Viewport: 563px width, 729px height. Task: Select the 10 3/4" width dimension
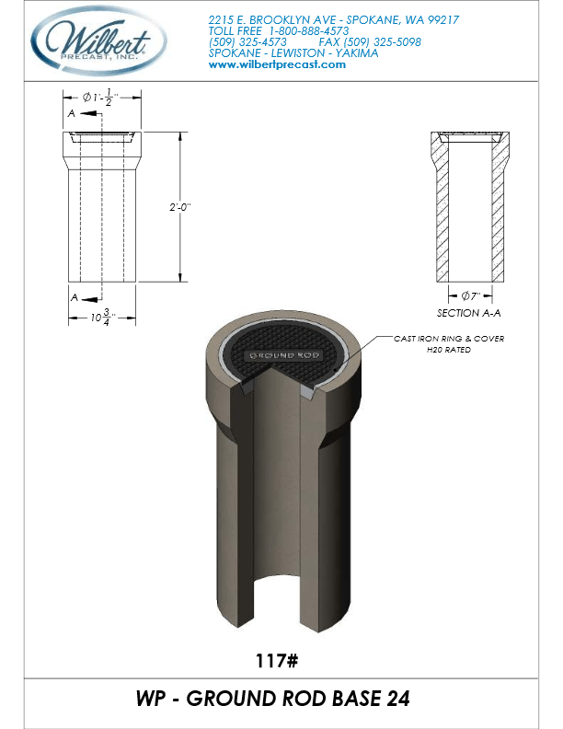[x=101, y=319]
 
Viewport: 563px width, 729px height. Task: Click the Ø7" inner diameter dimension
[x=470, y=296]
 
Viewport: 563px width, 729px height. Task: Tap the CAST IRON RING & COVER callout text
[x=449, y=339]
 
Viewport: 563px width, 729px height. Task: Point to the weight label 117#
[x=281, y=660]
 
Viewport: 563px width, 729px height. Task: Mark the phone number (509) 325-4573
[x=248, y=41]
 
